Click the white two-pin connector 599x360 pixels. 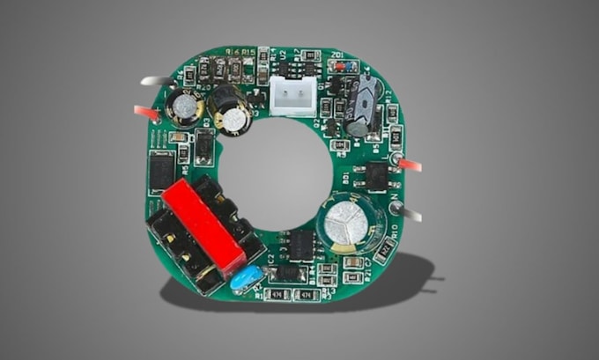click(292, 95)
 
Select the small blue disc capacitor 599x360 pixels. click(245, 277)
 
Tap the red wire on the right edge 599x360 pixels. click(409, 165)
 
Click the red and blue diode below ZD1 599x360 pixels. click(346, 66)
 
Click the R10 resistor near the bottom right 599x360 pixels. click(385, 251)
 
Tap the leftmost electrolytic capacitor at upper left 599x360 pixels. click(185, 107)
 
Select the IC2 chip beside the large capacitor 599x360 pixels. click(300, 246)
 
